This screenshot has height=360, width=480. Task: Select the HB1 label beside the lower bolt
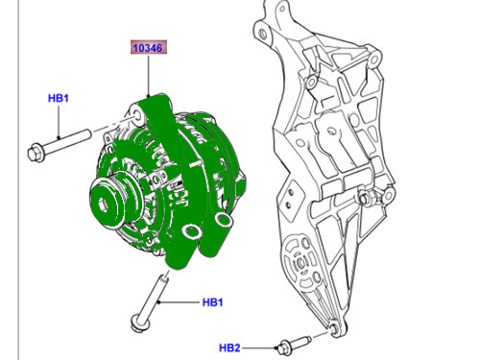(x=212, y=302)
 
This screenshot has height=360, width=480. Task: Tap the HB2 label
(x=229, y=347)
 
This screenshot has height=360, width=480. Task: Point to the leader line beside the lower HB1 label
(x=183, y=302)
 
